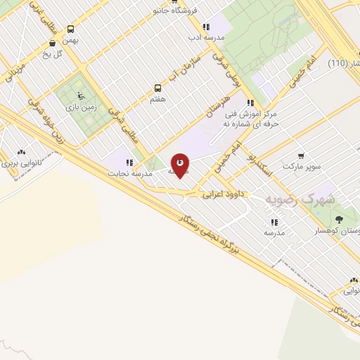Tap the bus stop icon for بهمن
70,30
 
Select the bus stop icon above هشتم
157,89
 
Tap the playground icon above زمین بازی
79,96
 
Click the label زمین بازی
79,108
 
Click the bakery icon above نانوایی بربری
21,151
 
